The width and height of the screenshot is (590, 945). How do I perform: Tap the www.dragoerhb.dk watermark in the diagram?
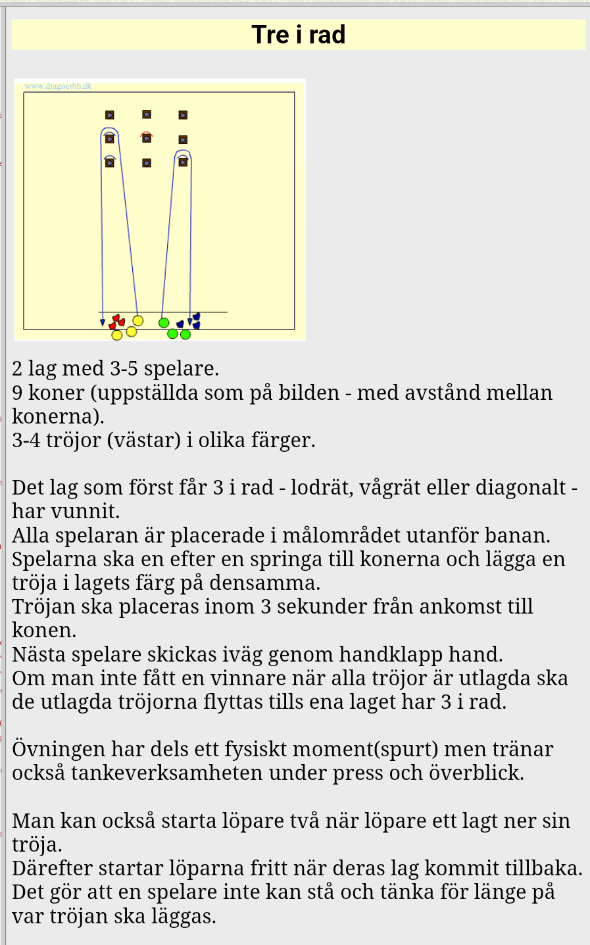pyautogui.click(x=58, y=86)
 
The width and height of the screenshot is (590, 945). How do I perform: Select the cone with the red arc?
pyautogui.click(x=147, y=137)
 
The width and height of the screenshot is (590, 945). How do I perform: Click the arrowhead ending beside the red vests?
pyautogui.click(x=103, y=322)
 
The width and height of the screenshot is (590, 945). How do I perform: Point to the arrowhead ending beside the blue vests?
pyautogui.click(x=190, y=322)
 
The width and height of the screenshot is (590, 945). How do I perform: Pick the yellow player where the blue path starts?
pyautogui.click(x=137, y=320)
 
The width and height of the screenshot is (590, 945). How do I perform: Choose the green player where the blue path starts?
pyautogui.click(x=164, y=322)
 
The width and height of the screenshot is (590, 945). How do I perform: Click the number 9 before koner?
pyautogui.click(x=18, y=393)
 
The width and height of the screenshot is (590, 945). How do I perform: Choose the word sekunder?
pyautogui.click(x=320, y=606)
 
